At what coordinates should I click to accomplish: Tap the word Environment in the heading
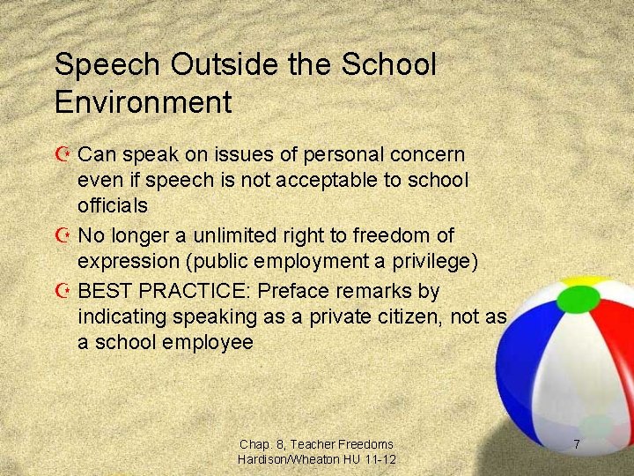143,102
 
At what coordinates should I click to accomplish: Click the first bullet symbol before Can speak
63,154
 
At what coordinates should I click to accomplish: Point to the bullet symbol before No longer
63,236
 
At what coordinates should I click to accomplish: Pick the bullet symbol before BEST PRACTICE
63,291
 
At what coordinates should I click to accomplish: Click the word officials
112,205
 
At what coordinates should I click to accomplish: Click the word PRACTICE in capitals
199,290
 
